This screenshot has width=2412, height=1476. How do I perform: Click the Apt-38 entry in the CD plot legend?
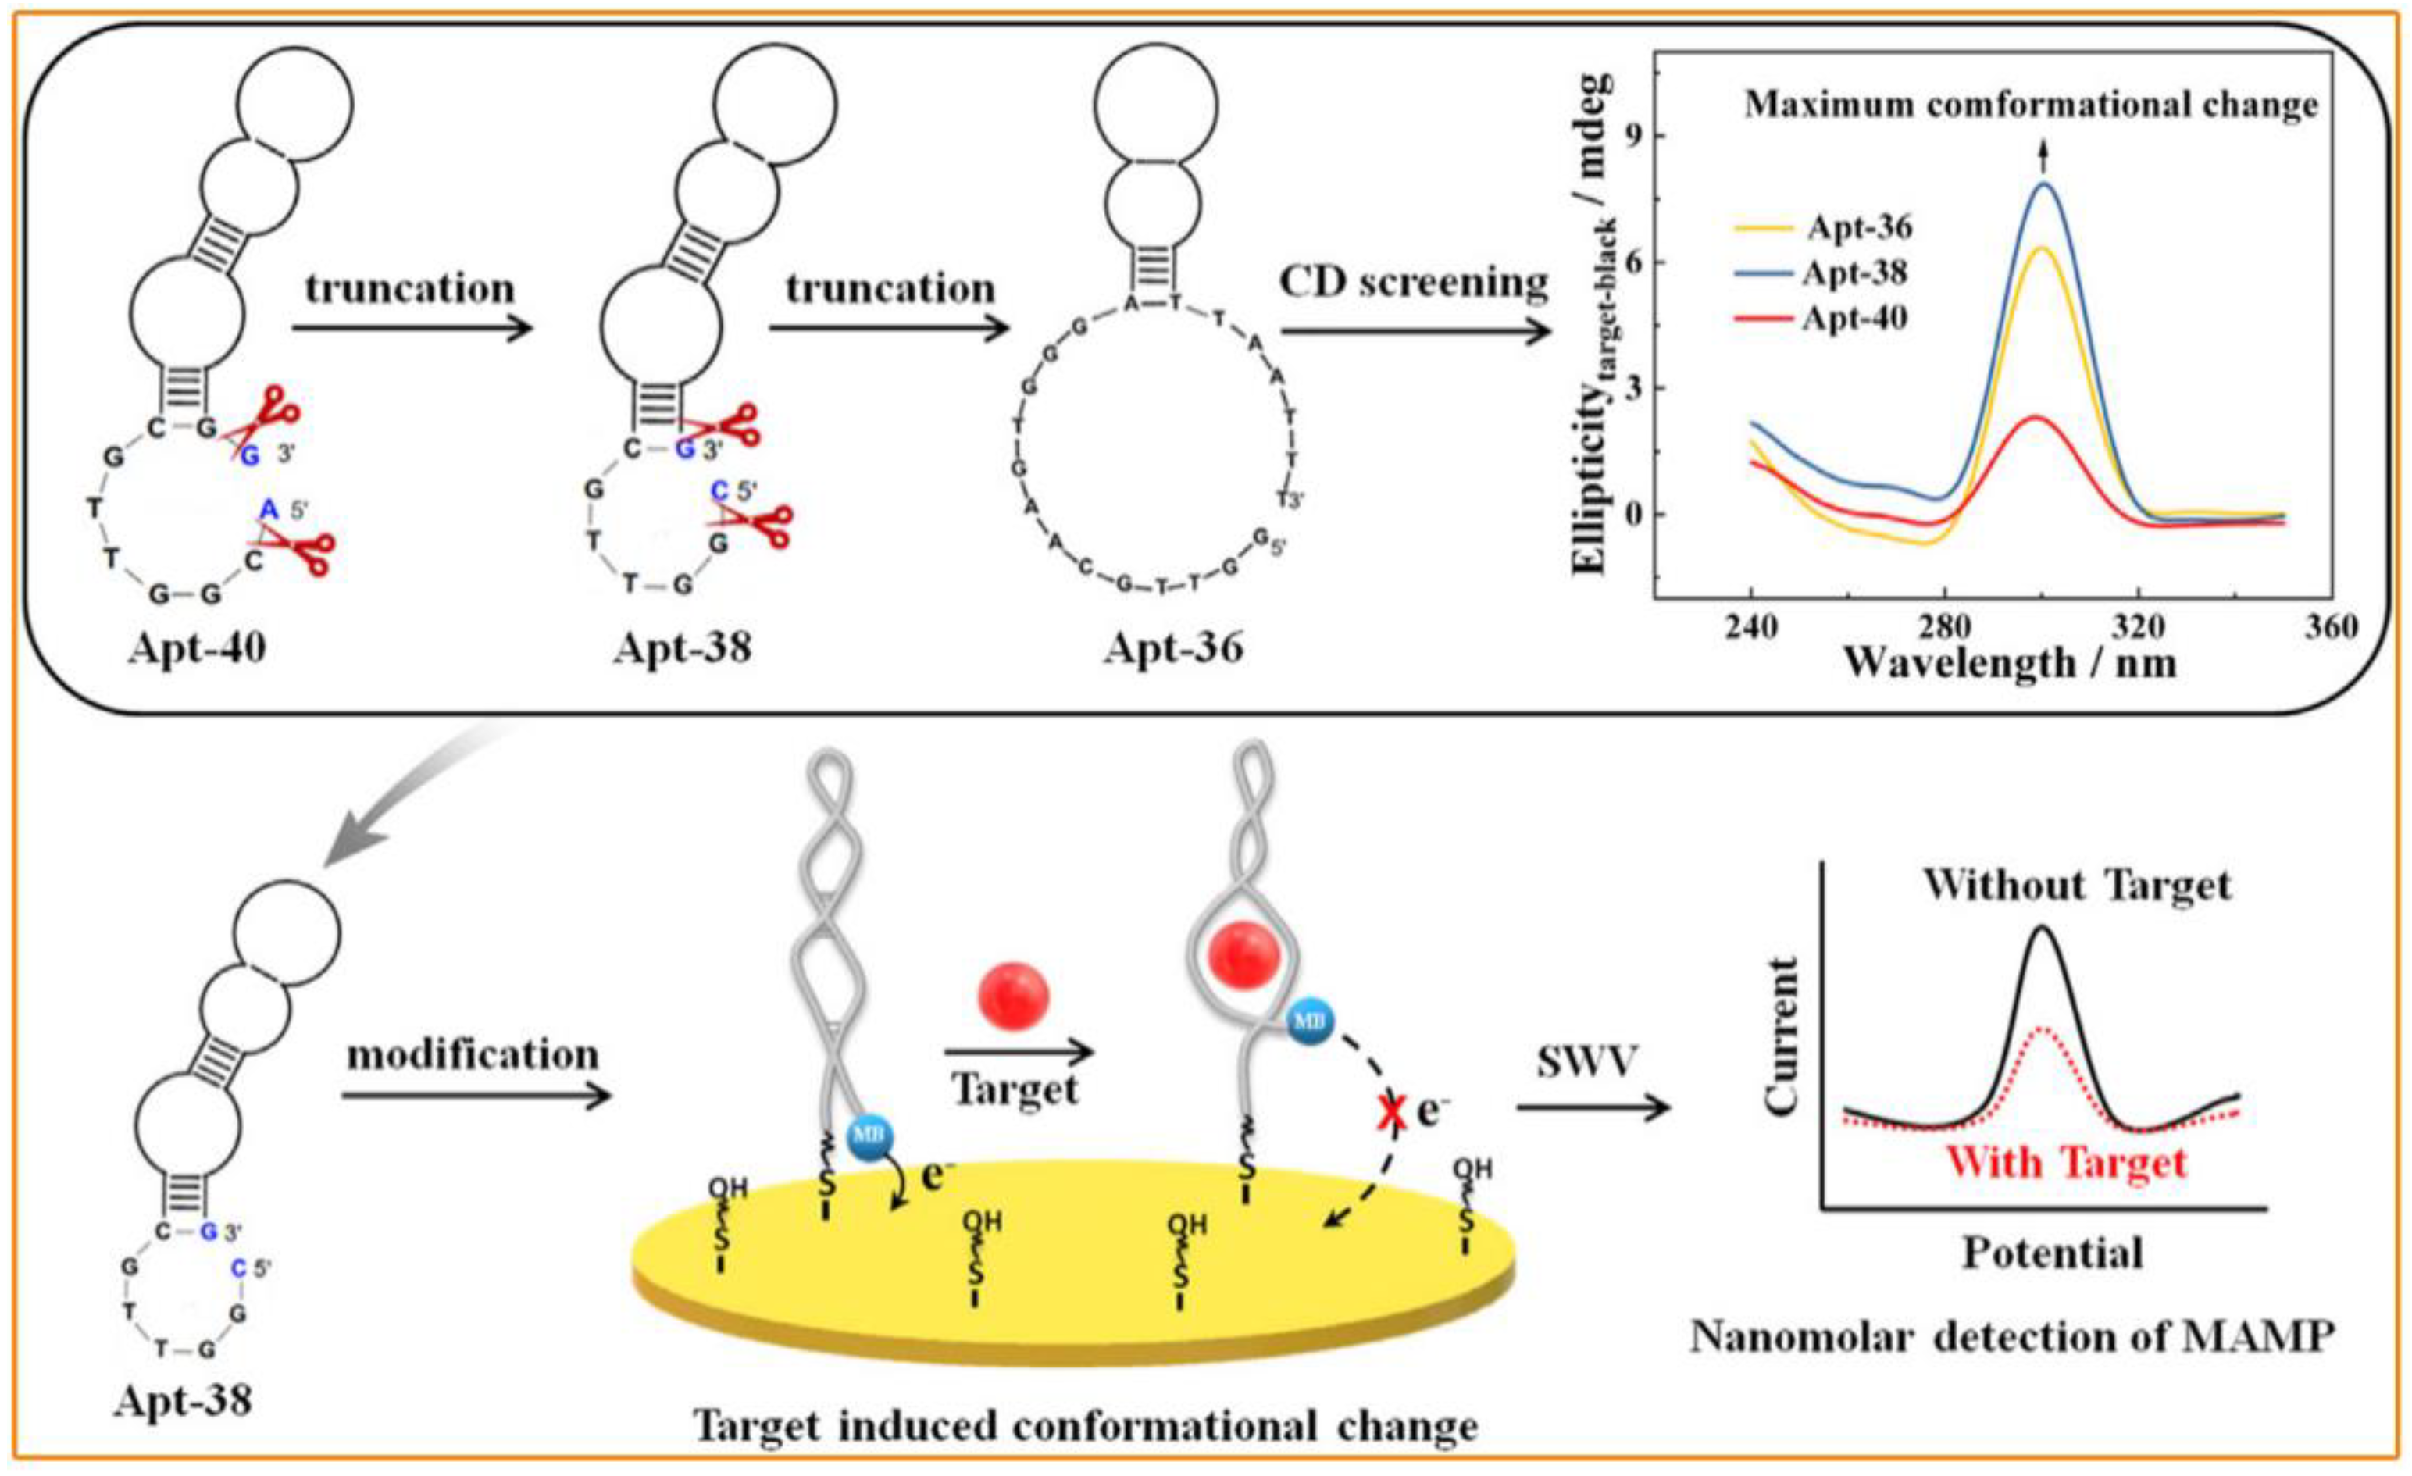tap(1854, 273)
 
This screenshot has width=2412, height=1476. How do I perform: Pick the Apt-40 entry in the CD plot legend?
tap(1854, 319)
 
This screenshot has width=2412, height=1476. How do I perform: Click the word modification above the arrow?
tap(473, 1054)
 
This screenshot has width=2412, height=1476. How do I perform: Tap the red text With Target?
tap(2065, 1163)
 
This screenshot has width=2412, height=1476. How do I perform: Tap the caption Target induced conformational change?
tap(1086, 1427)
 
